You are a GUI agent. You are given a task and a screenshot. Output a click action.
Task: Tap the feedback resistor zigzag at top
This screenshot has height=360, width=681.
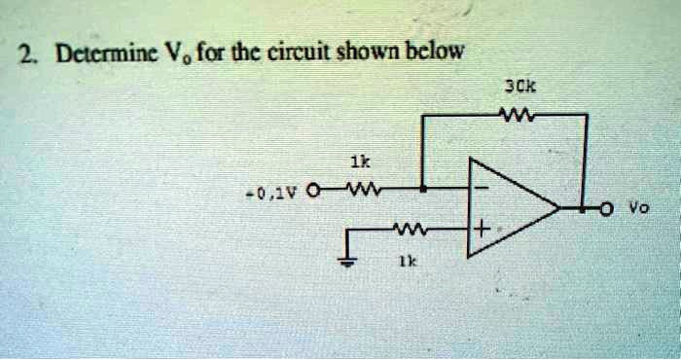[x=508, y=115]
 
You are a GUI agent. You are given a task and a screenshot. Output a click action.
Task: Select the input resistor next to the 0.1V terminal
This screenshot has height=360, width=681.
[x=356, y=188]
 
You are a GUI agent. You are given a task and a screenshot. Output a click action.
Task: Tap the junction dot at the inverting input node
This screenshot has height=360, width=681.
[x=421, y=188]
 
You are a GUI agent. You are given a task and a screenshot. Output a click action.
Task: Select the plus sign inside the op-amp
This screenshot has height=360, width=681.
[x=481, y=231]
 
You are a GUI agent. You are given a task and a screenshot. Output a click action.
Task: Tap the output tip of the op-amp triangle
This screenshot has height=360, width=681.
[x=558, y=206]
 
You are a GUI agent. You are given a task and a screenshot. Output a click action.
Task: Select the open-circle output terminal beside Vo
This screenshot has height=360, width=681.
[x=605, y=206]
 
